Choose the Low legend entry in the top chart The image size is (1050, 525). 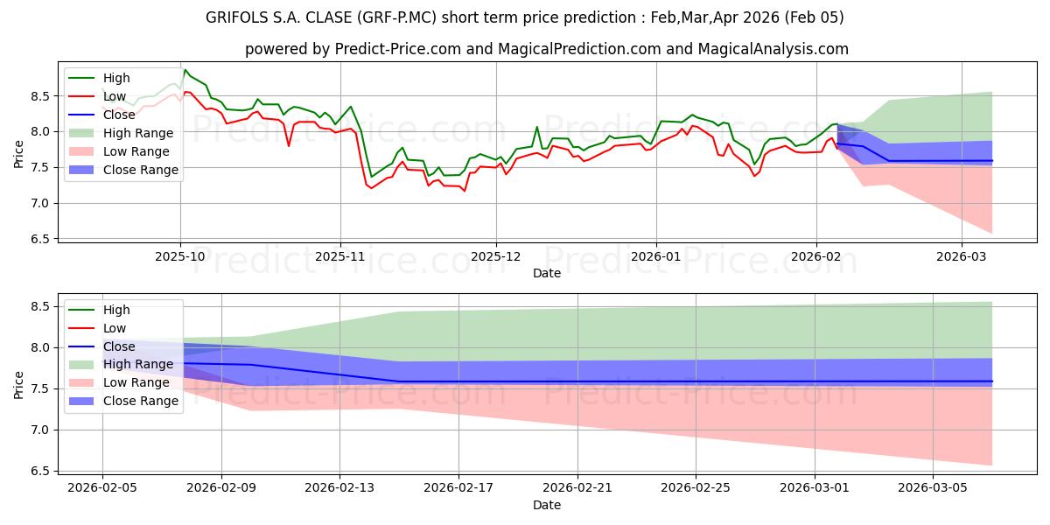[115, 96]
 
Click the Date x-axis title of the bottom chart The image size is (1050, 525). [547, 505]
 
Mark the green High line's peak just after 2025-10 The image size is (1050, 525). [185, 70]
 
